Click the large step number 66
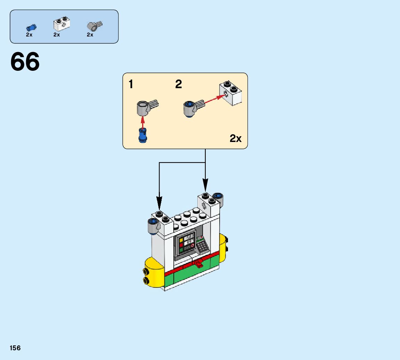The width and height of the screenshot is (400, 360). point(25,62)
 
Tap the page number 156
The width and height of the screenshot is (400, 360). point(15,348)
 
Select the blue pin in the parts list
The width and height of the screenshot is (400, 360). point(31,27)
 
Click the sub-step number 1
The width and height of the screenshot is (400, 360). point(131,84)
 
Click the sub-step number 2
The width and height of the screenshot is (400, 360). point(178,84)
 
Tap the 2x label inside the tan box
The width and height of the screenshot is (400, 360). point(235,139)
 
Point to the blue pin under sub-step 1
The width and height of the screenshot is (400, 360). point(142,135)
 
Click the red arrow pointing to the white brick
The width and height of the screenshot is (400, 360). point(213,99)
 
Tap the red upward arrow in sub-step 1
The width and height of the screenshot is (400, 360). point(142,122)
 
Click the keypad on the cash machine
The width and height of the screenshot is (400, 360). point(202,247)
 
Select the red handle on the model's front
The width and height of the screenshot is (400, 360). point(199,263)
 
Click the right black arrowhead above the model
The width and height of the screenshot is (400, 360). point(205,184)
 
